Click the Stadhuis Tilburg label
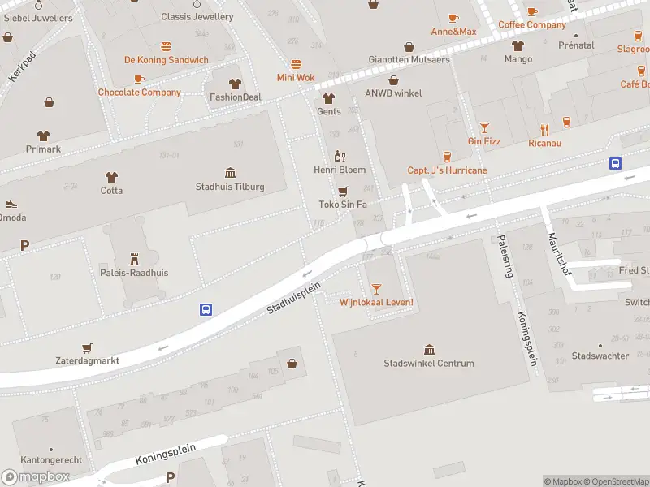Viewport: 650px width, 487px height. (x=230, y=187)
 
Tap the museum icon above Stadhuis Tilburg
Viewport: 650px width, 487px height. (x=230, y=173)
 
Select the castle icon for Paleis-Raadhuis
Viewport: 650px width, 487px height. (x=134, y=259)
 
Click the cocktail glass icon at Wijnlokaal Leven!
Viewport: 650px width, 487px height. (x=376, y=289)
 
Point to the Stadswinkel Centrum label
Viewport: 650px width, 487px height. (x=428, y=364)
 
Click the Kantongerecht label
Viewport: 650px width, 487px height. (x=50, y=460)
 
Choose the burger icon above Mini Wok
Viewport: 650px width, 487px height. (x=296, y=64)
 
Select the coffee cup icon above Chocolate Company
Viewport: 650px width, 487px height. (x=139, y=79)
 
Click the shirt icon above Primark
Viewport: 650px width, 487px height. (x=42, y=136)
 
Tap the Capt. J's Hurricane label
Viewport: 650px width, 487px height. (x=447, y=170)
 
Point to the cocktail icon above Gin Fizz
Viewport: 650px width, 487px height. (x=484, y=127)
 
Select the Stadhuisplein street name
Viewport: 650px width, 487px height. (x=294, y=297)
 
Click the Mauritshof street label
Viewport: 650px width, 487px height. (x=559, y=252)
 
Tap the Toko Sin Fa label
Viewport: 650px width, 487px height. (x=343, y=205)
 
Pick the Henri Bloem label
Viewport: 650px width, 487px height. (x=340, y=170)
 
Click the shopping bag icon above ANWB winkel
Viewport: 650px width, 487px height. (x=394, y=80)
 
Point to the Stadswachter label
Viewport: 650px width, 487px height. (x=600, y=356)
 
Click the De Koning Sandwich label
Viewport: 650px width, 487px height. (x=166, y=60)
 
